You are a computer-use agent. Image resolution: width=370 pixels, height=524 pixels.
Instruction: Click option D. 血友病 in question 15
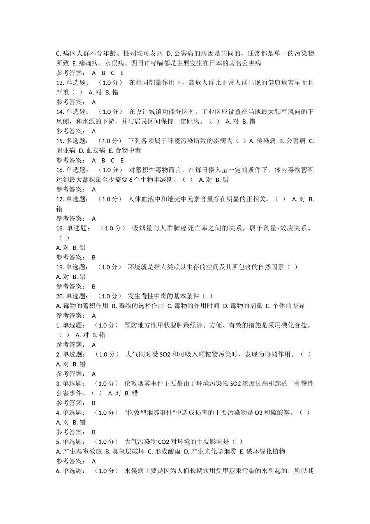[92, 150]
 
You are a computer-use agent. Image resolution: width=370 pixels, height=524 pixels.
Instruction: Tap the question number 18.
[60, 228]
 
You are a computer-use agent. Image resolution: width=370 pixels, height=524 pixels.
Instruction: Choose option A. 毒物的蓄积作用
[82, 306]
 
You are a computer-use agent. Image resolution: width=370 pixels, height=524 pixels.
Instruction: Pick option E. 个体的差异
[285, 306]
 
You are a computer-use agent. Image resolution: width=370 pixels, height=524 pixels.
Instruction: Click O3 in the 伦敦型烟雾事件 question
[259, 412]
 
